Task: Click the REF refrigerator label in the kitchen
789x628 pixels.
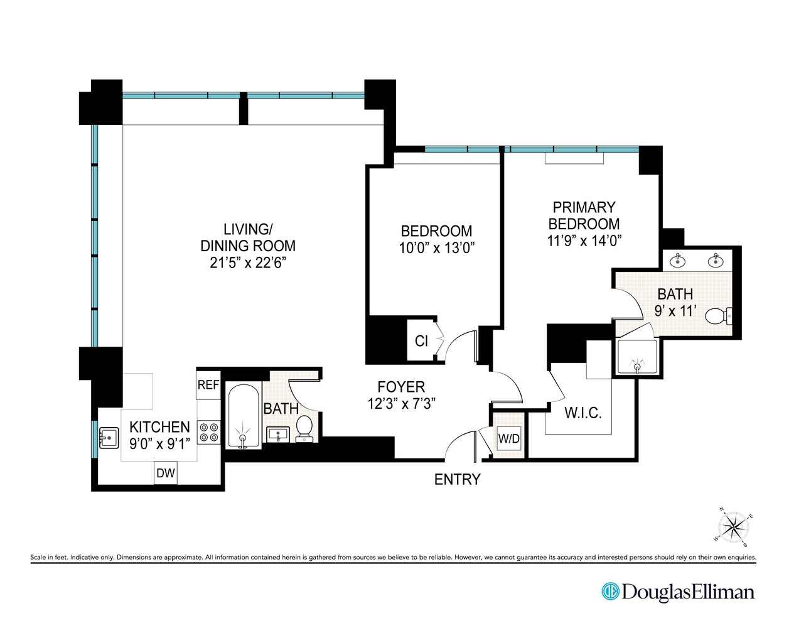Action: pos(208,385)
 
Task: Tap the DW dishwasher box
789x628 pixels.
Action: pos(166,473)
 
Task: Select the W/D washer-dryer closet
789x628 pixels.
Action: pos(508,438)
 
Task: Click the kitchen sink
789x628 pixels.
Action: pos(109,437)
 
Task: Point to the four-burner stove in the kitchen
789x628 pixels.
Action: pos(209,432)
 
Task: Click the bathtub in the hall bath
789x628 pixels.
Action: pos(242,416)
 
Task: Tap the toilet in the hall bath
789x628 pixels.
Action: pos(304,428)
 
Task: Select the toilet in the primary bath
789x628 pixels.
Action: pos(718,315)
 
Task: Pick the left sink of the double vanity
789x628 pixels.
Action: pos(679,259)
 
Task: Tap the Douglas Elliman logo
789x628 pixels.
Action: pos(678,592)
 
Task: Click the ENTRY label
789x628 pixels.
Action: pos(457,479)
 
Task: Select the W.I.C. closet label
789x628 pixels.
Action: pos(582,413)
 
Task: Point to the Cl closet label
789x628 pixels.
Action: pos(421,341)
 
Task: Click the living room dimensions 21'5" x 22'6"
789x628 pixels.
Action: pos(247,263)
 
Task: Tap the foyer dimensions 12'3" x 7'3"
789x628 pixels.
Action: pos(401,403)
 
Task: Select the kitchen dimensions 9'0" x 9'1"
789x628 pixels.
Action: pos(159,444)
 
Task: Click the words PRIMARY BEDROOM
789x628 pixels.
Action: pos(584,215)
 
